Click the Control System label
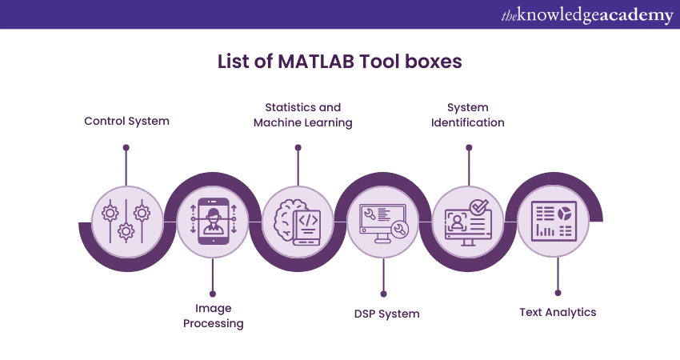[x=126, y=122]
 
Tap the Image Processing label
[x=213, y=315]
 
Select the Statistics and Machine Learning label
[x=302, y=114]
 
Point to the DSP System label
[x=386, y=314]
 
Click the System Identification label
[x=468, y=114]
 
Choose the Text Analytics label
[x=558, y=312]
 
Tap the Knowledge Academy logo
[x=586, y=15]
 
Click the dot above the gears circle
[x=126, y=147]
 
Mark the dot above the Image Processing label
[x=213, y=293]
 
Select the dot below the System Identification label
[x=469, y=147]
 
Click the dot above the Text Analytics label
[x=558, y=293]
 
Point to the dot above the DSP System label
[x=384, y=293]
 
